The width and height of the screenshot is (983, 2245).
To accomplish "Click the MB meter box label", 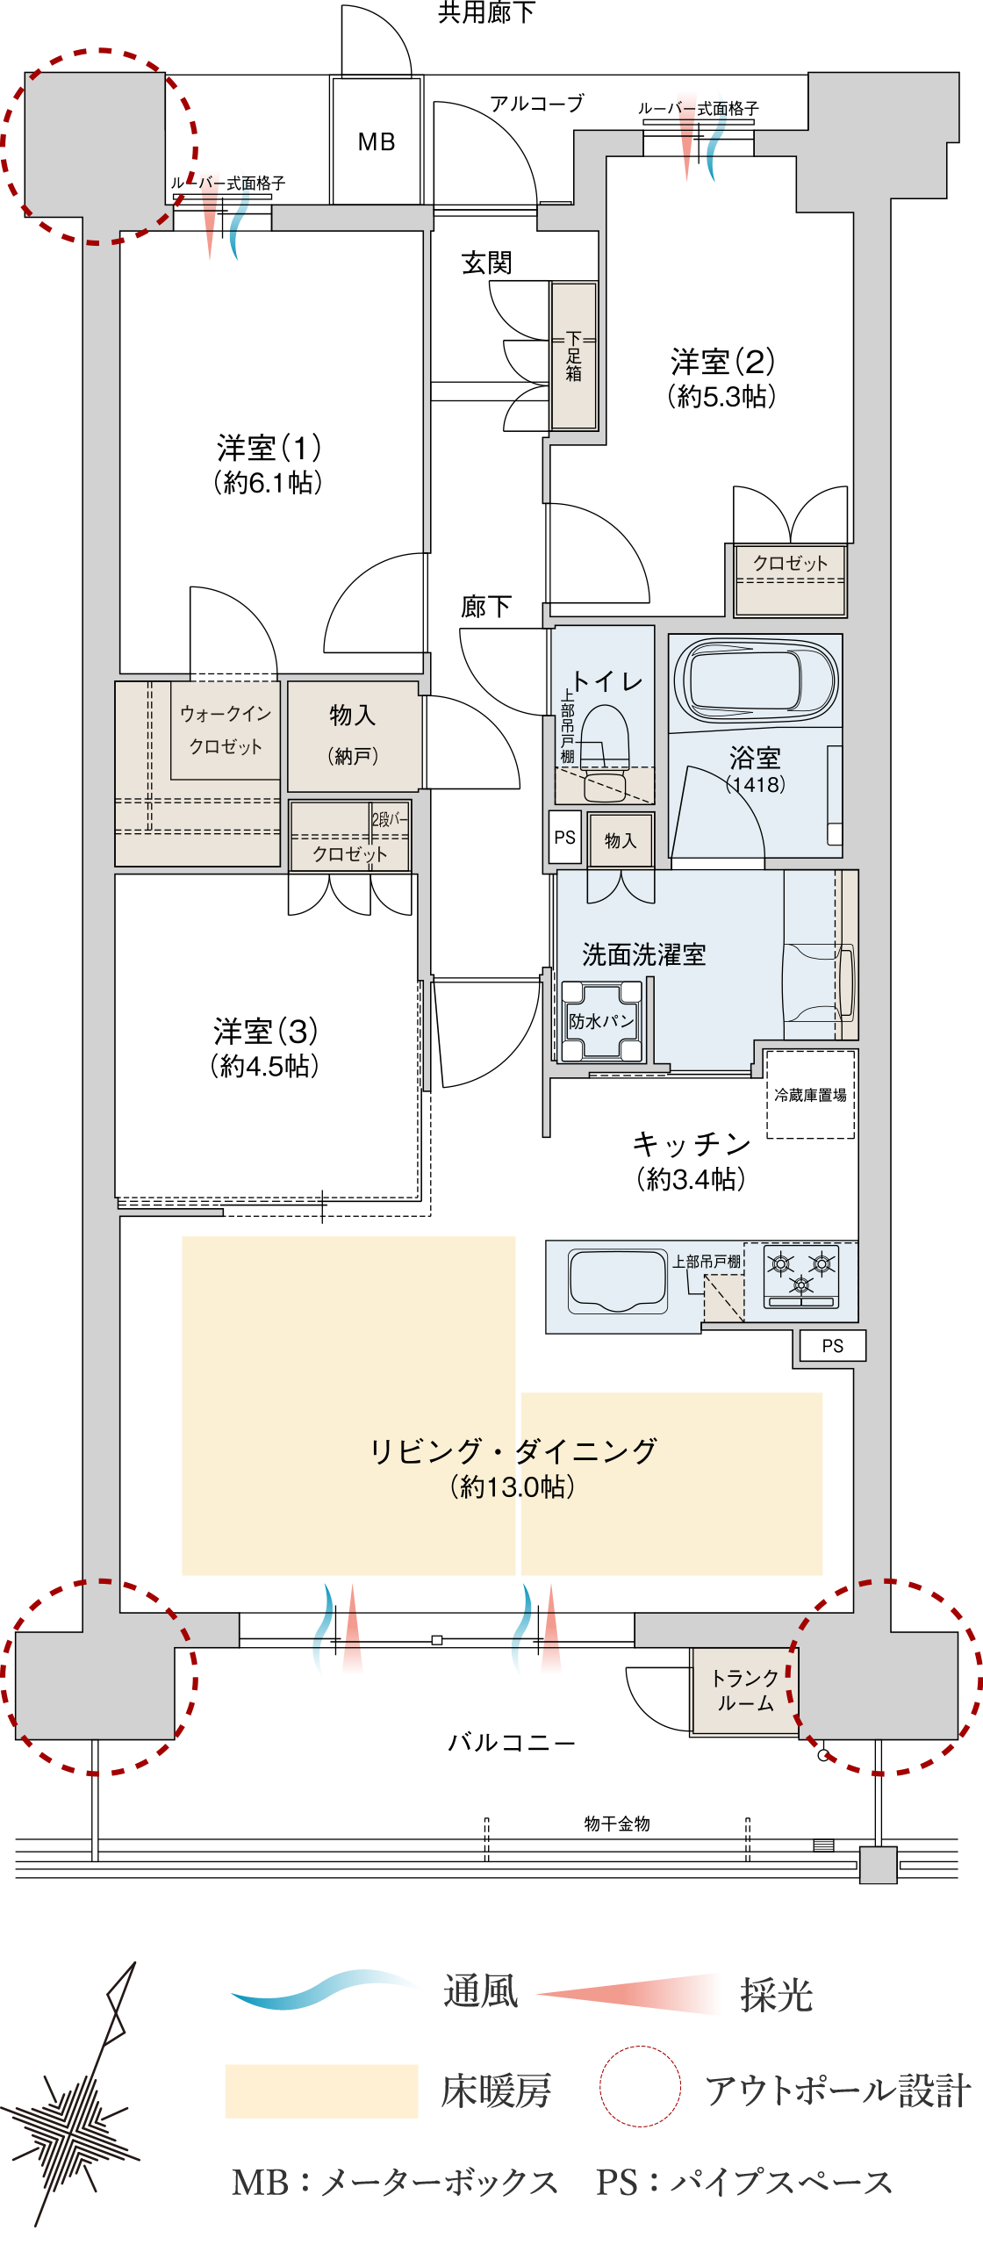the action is coord(377,141).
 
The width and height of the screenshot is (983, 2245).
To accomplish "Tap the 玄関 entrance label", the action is coord(487,262).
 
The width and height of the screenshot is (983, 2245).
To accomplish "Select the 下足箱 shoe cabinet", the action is coord(574,356).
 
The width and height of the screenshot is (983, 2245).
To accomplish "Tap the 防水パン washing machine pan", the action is coord(601,1021).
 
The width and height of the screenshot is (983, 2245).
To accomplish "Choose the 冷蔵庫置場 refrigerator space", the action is coord(810,1094).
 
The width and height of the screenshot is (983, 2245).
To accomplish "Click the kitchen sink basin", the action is coord(617,1281).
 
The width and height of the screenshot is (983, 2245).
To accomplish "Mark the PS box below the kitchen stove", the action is coord(832,1345).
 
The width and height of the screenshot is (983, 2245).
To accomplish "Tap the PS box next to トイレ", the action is coord(565,838).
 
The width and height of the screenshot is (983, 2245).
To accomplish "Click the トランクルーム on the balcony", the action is coord(744,1691).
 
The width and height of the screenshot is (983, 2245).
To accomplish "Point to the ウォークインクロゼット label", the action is coord(226,730).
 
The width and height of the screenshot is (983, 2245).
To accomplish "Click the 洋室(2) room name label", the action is coord(722,361).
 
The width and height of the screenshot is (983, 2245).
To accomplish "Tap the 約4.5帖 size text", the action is coord(264,1066).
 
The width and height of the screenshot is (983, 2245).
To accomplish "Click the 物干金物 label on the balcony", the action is coord(617,1824).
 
